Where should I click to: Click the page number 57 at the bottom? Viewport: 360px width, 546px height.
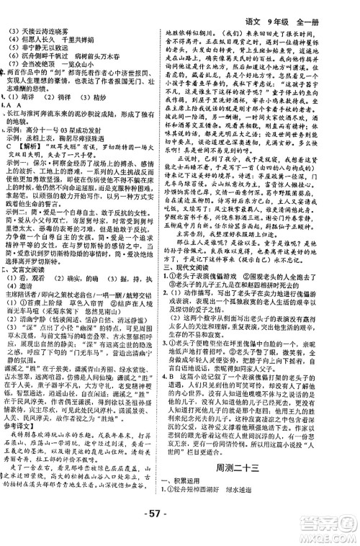point(179,529)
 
